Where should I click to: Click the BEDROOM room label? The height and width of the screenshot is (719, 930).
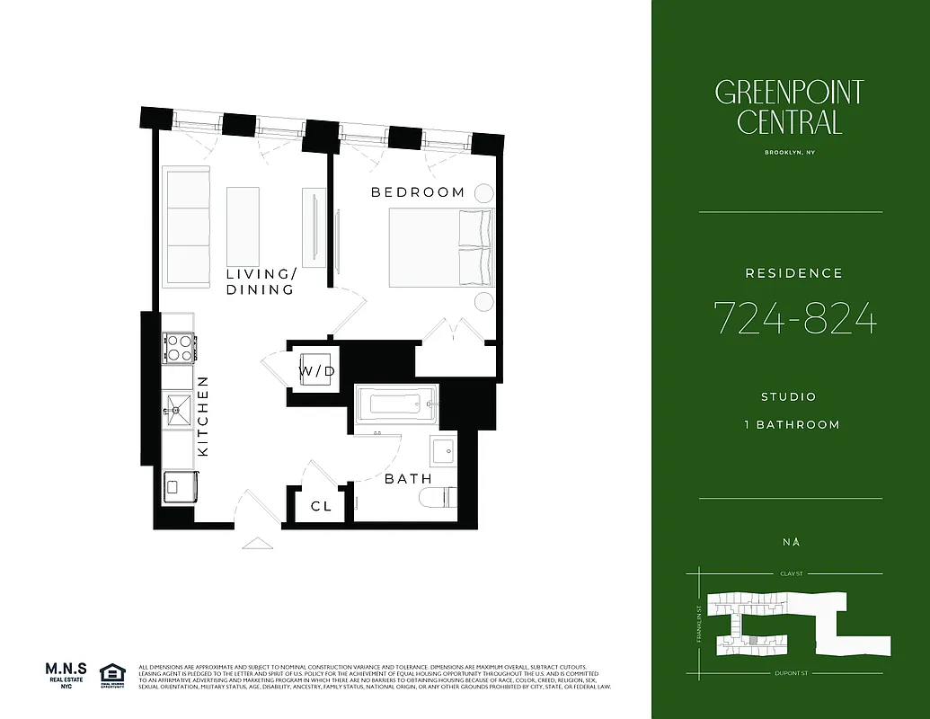point(418,192)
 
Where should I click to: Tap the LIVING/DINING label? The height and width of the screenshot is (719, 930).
point(260,282)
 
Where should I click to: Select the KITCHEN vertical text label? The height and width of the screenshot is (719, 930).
point(203,415)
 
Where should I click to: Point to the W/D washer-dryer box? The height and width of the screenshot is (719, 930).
point(316,371)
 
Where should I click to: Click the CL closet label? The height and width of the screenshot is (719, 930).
point(321,507)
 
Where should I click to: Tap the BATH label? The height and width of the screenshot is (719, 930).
point(408,479)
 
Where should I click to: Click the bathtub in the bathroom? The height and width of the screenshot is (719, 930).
point(395,405)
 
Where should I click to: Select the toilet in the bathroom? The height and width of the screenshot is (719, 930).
point(444,498)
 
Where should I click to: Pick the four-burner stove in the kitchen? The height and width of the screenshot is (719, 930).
point(178,347)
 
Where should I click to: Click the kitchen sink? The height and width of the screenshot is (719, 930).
point(177,412)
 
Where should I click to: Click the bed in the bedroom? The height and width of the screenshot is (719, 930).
point(440,247)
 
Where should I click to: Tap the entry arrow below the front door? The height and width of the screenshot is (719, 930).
point(257,543)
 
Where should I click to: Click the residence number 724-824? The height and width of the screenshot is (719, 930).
point(794,318)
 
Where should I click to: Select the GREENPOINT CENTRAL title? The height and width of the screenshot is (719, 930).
point(790,106)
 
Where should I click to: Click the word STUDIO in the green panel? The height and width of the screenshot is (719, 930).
point(789,396)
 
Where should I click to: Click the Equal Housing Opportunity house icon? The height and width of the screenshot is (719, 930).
point(112,673)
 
